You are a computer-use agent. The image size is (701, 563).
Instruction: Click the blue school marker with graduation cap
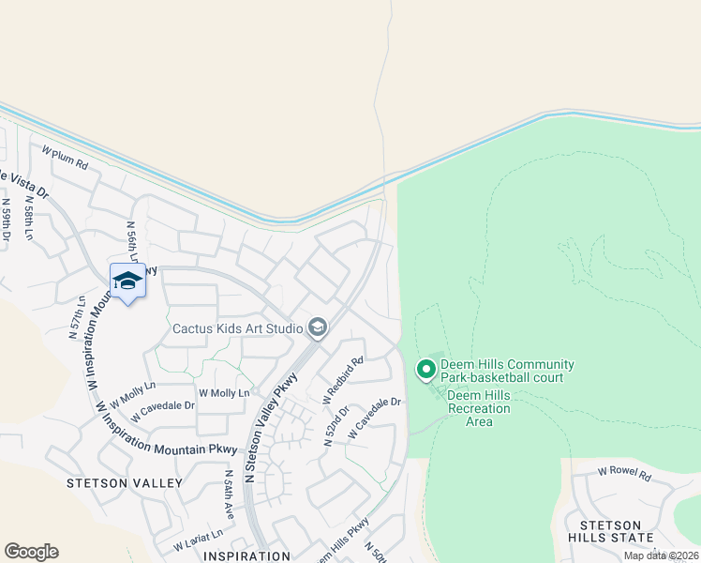coord(127,281)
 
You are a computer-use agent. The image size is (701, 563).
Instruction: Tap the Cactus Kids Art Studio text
coord(237,328)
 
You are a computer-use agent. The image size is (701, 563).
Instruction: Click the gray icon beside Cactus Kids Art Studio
coord(318,327)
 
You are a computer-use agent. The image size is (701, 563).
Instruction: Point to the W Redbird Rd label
coord(343,380)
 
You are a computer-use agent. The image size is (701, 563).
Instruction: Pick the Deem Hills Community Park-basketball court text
coord(509,372)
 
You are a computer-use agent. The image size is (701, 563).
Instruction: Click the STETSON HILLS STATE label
coord(616,531)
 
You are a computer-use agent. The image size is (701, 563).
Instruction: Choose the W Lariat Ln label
coord(198,540)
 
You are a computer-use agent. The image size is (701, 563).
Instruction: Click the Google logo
coord(31,552)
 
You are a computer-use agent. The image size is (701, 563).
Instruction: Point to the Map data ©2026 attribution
coord(660,555)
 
